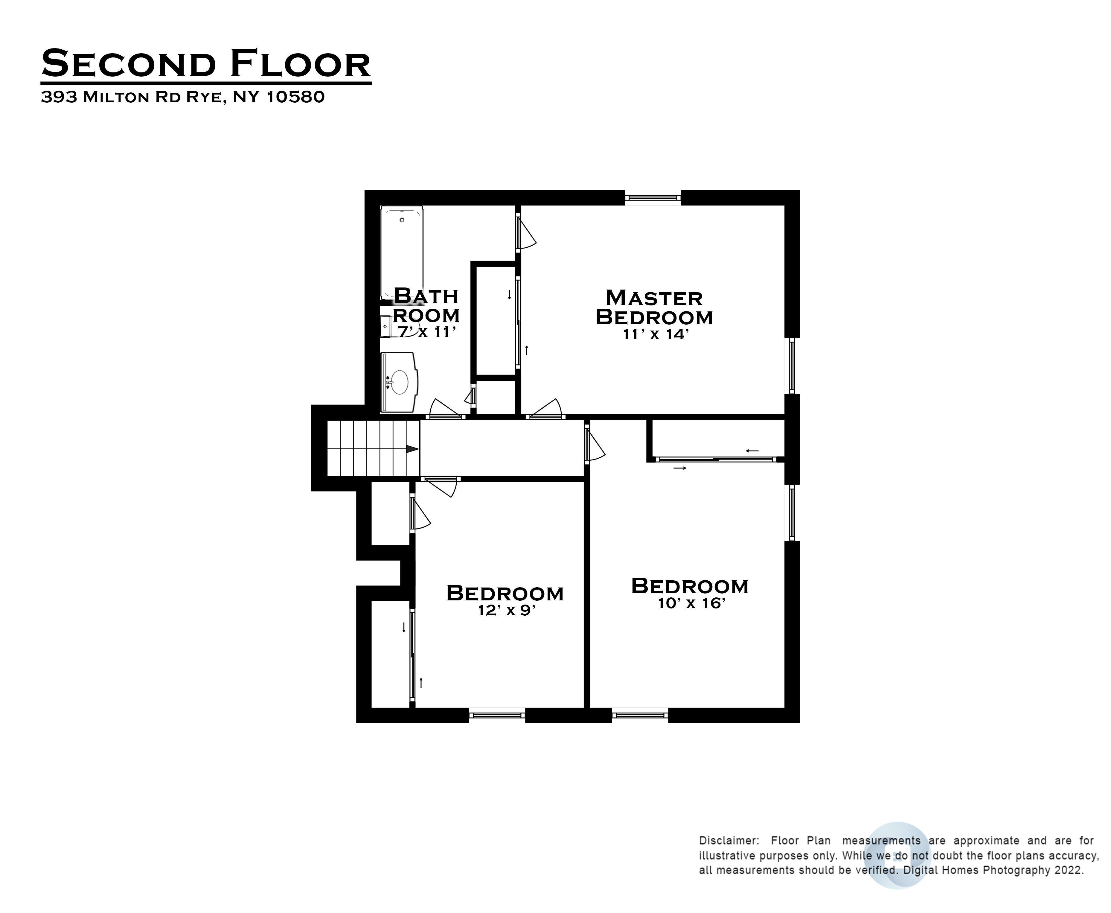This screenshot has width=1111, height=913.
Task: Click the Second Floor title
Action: (x=206, y=64)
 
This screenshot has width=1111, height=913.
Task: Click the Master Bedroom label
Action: (x=654, y=308)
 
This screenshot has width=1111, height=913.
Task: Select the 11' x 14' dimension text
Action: (x=656, y=334)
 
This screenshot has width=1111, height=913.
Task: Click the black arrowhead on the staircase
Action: (x=412, y=449)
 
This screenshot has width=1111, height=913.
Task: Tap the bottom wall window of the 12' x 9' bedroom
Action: (x=497, y=715)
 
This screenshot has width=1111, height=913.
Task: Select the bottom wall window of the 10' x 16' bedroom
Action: (x=640, y=715)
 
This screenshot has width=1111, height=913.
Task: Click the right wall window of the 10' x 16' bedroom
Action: (x=792, y=513)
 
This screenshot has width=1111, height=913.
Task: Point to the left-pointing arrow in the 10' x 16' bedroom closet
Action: (x=752, y=451)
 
